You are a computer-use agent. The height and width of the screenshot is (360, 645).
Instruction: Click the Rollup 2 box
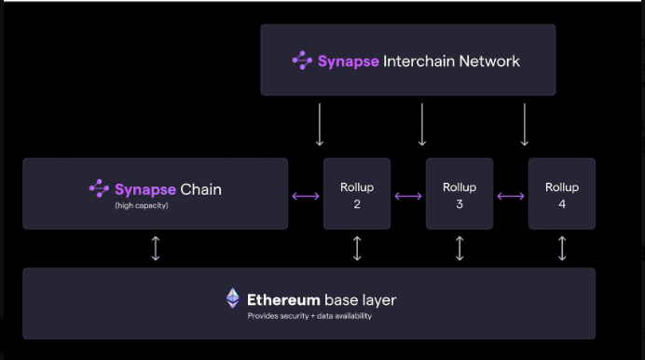coord(357,194)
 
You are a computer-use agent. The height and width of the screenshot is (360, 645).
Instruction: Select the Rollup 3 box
coord(460,194)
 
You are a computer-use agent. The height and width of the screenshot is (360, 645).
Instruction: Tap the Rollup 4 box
coord(562,194)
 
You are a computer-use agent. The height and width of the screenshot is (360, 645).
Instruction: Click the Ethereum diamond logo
coord(233,298)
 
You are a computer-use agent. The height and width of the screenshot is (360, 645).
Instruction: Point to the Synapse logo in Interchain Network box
coord(302,61)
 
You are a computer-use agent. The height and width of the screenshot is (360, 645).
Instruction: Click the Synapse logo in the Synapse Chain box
coord(99,188)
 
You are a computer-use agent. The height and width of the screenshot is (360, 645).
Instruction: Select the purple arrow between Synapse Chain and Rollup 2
coord(306,196)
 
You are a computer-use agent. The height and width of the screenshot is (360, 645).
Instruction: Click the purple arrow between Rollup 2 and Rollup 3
coord(408,196)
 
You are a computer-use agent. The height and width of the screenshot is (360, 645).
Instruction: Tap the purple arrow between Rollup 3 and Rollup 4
coord(511,196)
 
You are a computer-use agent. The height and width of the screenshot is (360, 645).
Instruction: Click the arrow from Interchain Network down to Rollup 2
coord(320,124)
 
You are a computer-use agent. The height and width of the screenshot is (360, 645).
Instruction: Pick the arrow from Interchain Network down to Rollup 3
coord(422,124)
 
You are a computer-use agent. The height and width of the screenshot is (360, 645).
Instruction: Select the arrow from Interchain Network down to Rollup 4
coord(525,124)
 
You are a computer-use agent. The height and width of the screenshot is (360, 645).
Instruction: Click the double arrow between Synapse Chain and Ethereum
coord(156,248)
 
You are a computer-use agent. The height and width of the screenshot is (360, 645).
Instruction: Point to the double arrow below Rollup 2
coord(357,248)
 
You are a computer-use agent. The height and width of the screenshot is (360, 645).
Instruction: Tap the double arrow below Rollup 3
coord(460,248)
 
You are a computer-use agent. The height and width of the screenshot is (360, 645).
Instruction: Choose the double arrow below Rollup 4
coord(562,248)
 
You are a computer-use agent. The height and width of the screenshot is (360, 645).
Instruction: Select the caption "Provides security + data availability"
coord(310,316)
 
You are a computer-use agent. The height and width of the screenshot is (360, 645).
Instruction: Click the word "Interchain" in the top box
coord(420,62)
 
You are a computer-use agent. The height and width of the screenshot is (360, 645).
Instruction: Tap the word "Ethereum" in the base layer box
coord(283,299)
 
